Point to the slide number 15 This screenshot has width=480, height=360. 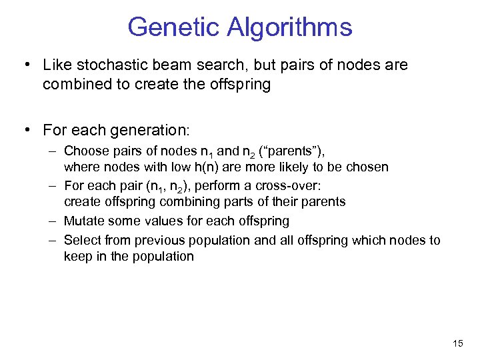(x=457, y=343)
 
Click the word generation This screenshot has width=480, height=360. (x=155, y=129)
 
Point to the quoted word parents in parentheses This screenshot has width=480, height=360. (x=299, y=151)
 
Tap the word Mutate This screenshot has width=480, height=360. (x=84, y=220)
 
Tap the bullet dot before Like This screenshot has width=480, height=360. (x=25, y=65)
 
